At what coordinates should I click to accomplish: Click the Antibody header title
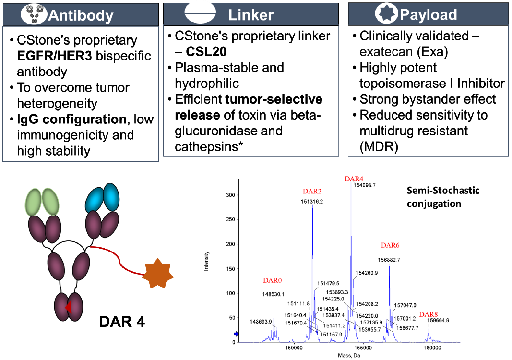(x=81, y=15)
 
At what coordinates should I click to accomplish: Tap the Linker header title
(x=251, y=15)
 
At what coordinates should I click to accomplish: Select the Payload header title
(x=428, y=15)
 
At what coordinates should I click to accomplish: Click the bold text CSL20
(x=206, y=52)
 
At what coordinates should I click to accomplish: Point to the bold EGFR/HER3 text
(x=55, y=56)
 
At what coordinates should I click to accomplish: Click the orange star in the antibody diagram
(x=158, y=274)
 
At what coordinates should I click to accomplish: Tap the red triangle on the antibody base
(x=69, y=307)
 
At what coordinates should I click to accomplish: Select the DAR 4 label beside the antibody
(x=122, y=322)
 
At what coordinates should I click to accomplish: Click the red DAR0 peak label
(x=273, y=280)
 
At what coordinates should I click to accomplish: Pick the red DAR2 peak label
(x=312, y=191)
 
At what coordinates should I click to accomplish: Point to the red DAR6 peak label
(x=390, y=245)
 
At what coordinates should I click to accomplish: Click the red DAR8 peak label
(x=429, y=314)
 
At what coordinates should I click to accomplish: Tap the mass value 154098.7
(x=365, y=185)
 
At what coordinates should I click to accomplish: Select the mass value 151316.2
(x=312, y=202)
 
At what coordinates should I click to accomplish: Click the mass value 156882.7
(x=389, y=260)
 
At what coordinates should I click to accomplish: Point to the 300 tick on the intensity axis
(x=230, y=195)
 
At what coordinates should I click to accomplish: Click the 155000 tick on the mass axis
(x=363, y=348)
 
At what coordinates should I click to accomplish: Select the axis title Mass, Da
(x=349, y=355)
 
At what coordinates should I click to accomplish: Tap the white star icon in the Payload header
(x=387, y=13)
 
